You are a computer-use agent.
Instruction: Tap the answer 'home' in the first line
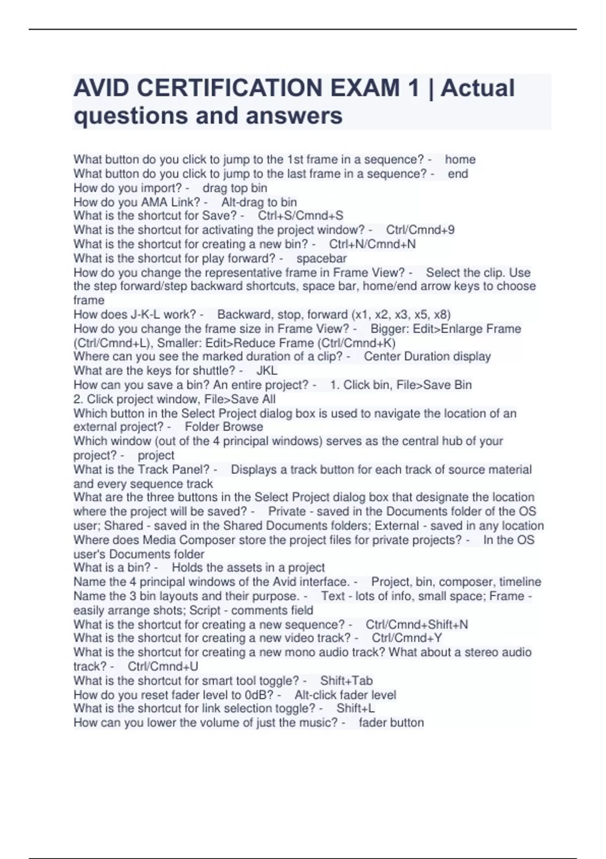coord(460,160)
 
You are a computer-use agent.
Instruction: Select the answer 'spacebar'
coord(321,259)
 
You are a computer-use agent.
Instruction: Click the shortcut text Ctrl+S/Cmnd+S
coord(300,216)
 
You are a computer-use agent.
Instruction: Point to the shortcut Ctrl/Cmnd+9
coord(420,230)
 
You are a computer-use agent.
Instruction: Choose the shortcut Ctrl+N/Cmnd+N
coord(372,244)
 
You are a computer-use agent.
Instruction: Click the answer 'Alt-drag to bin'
coord(259,202)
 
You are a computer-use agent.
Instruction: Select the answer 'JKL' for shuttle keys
coord(267,370)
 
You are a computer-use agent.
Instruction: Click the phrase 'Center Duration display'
coord(427,357)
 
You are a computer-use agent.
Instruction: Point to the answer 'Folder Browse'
coord(224,427)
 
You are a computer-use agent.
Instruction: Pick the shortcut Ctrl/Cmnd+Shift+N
coord(417,625)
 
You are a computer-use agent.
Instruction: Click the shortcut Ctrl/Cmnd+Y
coord(407,638)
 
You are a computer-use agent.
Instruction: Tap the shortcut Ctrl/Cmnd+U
coord(163,666)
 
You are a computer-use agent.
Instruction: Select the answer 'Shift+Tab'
coord(346,681)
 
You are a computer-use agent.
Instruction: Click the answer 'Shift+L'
coord(356,708)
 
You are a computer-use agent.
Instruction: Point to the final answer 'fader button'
coord(391,723)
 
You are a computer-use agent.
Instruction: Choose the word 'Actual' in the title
coord(477,88)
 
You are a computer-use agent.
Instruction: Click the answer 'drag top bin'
coord(235,188)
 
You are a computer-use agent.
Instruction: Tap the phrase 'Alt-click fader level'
coord(345,695)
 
